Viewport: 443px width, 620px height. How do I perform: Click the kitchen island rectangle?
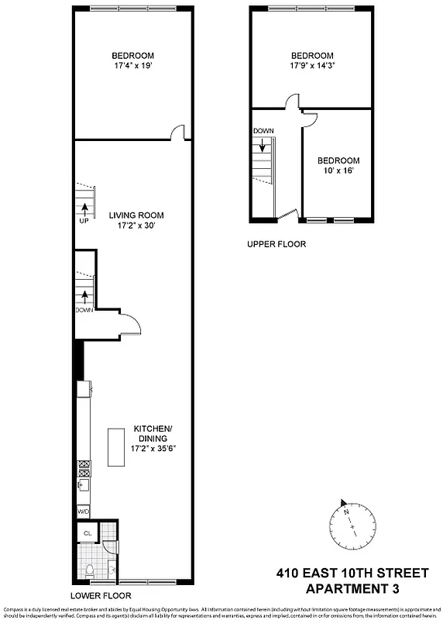click(116, 446)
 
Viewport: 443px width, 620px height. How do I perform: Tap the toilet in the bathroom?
click(90, 571)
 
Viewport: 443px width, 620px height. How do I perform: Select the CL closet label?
click(88, 533)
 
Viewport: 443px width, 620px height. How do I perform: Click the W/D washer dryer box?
click(83, 511)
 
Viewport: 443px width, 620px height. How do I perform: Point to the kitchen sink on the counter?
click(83, 485)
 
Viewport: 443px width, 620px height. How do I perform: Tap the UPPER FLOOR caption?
click(276, 244)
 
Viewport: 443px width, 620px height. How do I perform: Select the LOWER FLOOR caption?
click(101, 596)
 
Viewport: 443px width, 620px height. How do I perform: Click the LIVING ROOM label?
click(136, 215)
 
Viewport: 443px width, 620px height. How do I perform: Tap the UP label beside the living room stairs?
click(83, 221)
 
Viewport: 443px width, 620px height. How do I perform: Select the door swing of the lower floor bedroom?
click(177, 133)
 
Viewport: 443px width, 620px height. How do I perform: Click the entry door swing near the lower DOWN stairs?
click(129, 325)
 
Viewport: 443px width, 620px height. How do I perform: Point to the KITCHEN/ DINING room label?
click(153, 434)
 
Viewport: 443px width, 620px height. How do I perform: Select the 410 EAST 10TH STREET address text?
click(352, 573)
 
